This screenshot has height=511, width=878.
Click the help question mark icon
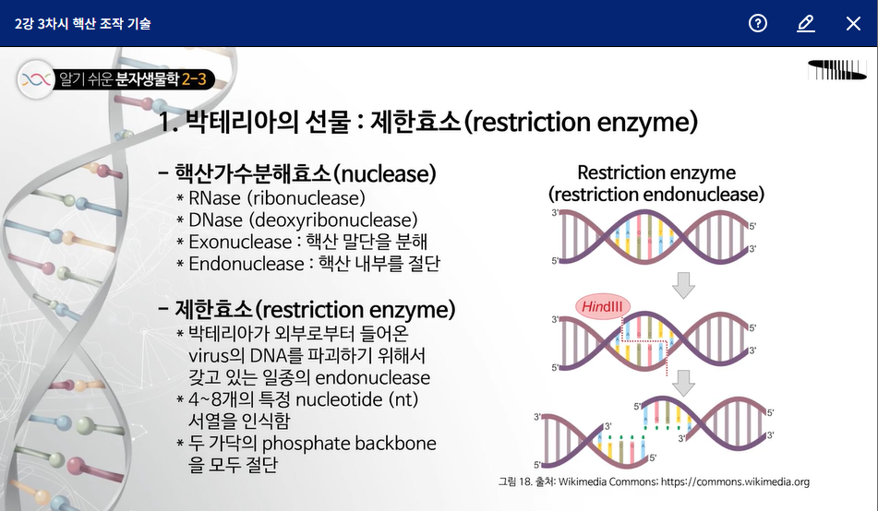click(x=758, y=23)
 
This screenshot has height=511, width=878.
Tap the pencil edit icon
click(x=805, y=23)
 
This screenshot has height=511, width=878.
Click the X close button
click(x=853, y=23)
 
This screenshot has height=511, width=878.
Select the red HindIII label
click(x=603, y=307)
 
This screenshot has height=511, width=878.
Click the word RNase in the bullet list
click(x=214, y=198)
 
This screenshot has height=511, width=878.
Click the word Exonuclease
click(x=240, y=242)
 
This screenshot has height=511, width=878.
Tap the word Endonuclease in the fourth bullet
click(x=246, y=264)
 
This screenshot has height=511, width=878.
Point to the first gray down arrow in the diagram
click(x=683, y=285)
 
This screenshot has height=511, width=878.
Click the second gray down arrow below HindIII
click(x=683, y=384)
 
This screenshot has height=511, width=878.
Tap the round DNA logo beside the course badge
click(x=36, y=79)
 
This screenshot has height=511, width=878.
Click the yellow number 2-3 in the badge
click(x=194, y=79)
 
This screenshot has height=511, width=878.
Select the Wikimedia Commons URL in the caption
click(x=735, y=481)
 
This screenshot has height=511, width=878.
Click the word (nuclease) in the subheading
click(x=385, y=174)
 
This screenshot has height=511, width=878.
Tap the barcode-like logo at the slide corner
click(x=837, y=70)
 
